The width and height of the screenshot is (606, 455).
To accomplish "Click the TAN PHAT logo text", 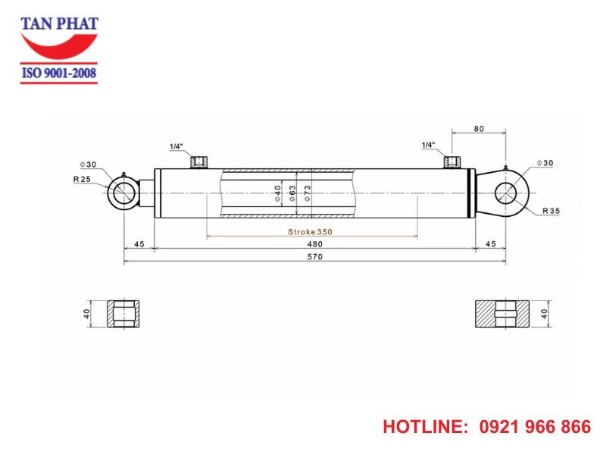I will (59, 23).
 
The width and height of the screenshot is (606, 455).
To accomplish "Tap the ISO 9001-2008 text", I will (59, 74).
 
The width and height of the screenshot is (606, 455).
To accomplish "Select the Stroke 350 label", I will (310, 231).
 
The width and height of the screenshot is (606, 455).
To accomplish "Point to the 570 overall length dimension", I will (314, 257).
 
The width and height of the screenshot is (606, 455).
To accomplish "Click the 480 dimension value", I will (314, 243).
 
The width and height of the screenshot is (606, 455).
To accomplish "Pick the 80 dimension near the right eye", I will (478, 129).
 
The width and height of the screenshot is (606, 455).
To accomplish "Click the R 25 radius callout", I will (83, 179).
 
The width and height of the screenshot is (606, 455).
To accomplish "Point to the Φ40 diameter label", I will (278, 193).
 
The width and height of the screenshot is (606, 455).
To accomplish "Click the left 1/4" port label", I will (176, 146).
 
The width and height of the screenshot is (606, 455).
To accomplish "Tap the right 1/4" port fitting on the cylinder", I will (452, 162).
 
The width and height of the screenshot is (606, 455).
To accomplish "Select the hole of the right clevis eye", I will (506, 193).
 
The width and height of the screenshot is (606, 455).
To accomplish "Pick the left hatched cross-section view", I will (123, 312).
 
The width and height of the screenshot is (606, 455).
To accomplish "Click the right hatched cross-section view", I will (503, 312).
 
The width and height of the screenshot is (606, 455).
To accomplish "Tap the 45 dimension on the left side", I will (139, 243).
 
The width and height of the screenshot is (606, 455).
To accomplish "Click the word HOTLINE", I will (424, 427).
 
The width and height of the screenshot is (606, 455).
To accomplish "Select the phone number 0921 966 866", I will (535, 427).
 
